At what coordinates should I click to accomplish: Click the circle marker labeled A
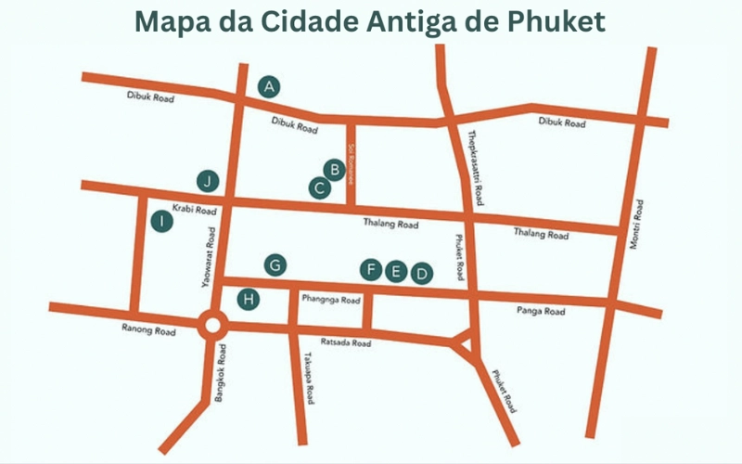270,87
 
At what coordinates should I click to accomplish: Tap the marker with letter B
334,169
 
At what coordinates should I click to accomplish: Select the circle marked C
319,187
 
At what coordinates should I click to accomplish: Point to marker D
422,273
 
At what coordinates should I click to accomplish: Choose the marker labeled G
275,265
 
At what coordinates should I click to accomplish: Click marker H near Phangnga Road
248,299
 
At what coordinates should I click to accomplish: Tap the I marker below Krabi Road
162,221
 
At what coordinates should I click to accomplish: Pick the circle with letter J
210,180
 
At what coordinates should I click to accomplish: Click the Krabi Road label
192,211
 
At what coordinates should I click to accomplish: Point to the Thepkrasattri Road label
476,168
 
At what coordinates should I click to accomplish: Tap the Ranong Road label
148,329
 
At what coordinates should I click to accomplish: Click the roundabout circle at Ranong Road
212,326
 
